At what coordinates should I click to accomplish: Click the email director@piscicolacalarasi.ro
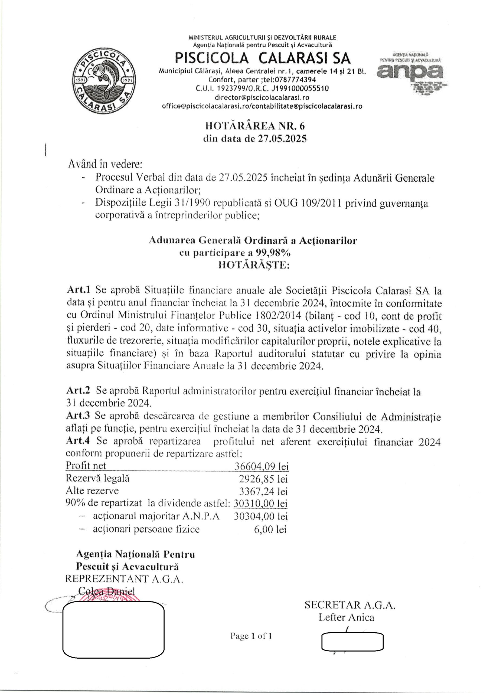pyautogui.click(x=262, y=97)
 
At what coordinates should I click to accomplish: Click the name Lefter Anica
pyautogui.click(x=346, y=617)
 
